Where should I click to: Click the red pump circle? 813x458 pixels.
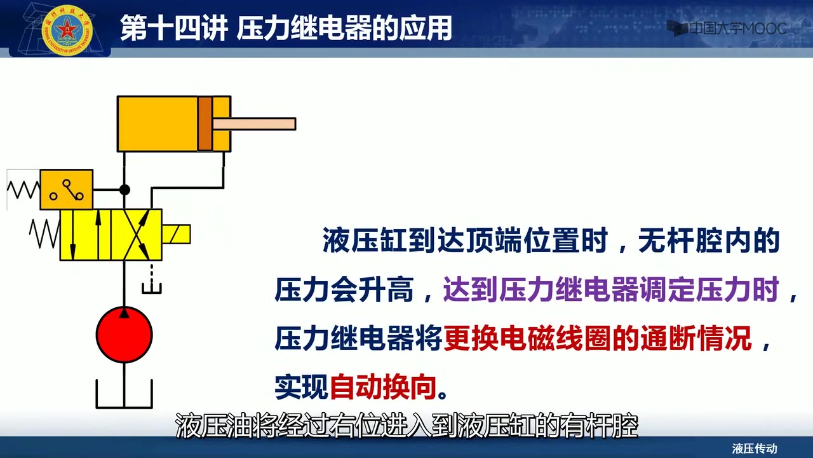point(124,335)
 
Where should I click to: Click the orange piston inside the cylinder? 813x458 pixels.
point(205,124)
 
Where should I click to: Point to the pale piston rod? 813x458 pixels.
point(254,124)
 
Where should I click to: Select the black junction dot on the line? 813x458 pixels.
point(124,190)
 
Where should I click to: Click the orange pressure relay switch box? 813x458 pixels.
point(67,190)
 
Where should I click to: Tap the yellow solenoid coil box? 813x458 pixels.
point(176,234)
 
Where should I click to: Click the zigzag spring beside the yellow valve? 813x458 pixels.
point(44,233)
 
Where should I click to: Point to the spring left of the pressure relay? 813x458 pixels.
point(24,190)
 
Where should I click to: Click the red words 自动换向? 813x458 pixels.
point(383,387)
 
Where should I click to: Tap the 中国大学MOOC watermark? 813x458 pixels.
point(727,29)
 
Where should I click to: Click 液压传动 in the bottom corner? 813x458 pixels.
point(755,448)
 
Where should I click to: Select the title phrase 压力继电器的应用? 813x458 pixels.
point(344,28)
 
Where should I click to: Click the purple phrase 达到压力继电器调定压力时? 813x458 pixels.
point(611,289)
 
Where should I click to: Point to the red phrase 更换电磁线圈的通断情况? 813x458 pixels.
point(598,338)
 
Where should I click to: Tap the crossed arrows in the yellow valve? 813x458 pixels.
point(137,235)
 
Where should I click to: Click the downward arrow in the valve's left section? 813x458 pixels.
point(72,235)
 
